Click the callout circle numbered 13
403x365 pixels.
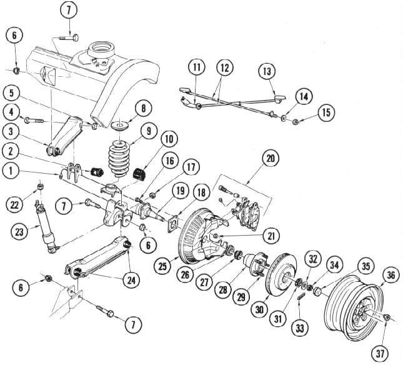point(267,71)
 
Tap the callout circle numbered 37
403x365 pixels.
point(380,353)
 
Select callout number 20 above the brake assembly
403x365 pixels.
point(271,158)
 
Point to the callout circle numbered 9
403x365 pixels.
point(149,131)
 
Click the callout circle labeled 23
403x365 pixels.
point(19,232)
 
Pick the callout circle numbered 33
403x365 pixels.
point(300,328)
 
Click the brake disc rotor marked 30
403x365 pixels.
point(281,275)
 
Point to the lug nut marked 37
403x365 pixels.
point(386,317)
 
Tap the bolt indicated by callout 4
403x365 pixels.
point(34,120)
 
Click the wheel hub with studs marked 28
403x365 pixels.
point(255,264)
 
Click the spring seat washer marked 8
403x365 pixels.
point(121,126)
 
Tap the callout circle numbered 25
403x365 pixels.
point(162,266)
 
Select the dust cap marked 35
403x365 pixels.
point(317,291)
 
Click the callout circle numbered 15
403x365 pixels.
point(326,112)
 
